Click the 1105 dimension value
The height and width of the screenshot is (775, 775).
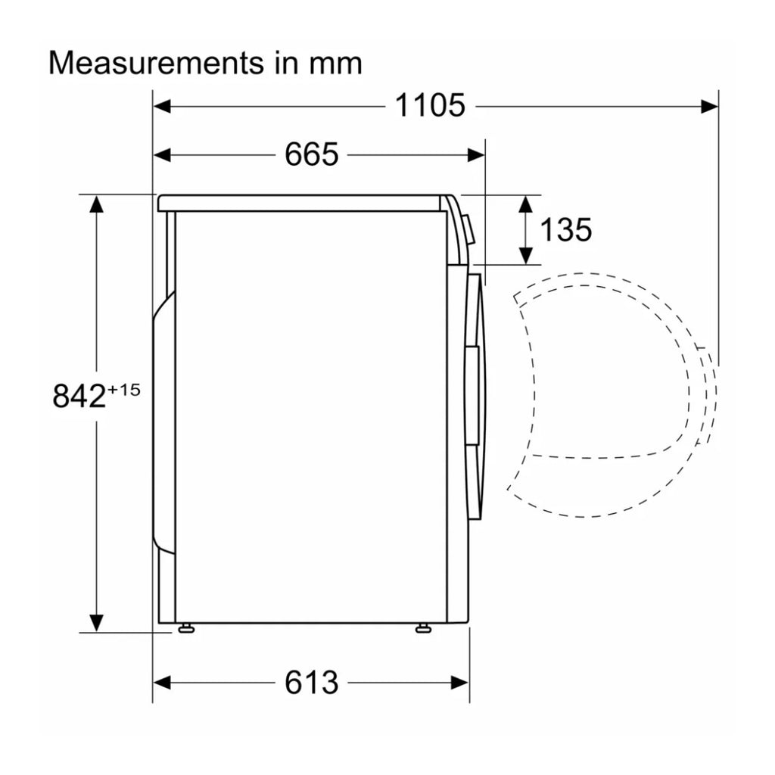430,106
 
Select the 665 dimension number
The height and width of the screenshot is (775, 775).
311,154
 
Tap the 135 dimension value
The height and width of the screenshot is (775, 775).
565,230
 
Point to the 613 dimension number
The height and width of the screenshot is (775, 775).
311,683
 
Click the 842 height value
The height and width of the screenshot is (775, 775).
79,396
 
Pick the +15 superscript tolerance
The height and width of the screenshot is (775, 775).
123,390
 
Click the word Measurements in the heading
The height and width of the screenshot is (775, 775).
156,64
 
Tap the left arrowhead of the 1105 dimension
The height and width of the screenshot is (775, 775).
162,106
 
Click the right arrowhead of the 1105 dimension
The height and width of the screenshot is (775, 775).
709,106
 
